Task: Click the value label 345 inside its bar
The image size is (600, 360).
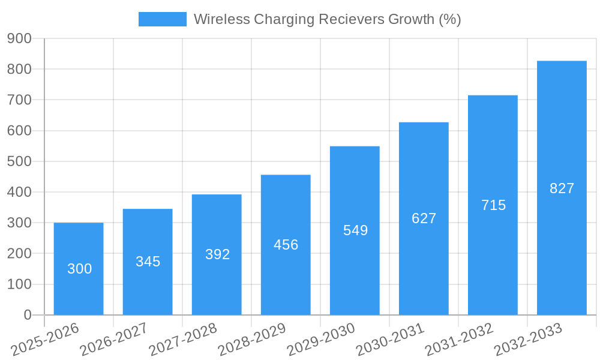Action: [x=148, y=262]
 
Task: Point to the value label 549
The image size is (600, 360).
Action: [x=355, y=230]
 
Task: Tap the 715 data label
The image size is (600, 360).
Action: [x=493, y=205]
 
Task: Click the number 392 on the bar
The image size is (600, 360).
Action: [x=217, y=254]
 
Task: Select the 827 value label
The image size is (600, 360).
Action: [x=562, y=188]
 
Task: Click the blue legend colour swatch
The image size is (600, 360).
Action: [x=162, y=19]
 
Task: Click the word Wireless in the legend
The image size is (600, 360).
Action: [x=221, y=19]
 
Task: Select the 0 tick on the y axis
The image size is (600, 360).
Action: [x=27, y=315]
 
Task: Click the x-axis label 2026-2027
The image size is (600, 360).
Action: [x=114, y=340]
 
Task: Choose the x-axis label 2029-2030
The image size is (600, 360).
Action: [x=321, y=340]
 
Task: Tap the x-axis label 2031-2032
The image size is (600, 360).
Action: [x=459, y=340]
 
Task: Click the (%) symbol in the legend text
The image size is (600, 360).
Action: [x=449, y=19]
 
